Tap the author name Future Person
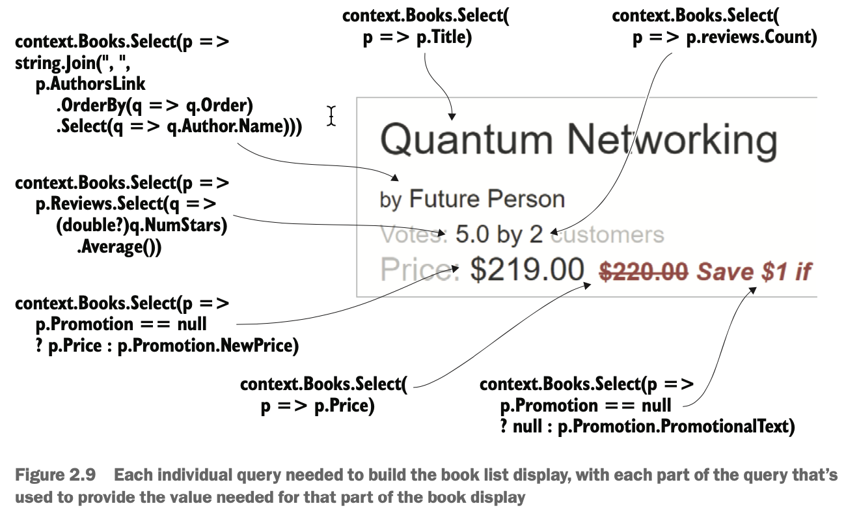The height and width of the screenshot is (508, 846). tap(487, 199)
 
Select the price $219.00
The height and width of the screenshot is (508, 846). tap(527, 269)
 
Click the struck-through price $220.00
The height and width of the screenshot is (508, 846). tap(643, 270)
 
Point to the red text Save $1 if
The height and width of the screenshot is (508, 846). tap(754, 270)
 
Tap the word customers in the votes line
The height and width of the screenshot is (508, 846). tap(607, 234)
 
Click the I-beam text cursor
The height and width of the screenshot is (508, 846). tap(331, 115)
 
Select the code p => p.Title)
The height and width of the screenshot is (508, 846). tap(416, 38)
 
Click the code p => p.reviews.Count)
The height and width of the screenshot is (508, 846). tap(724, 38)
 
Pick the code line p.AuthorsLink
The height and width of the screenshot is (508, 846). tap(90, 85)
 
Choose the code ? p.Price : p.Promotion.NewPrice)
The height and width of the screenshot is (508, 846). tap(167, 346)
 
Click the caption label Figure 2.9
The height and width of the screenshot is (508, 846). tap(55, 475)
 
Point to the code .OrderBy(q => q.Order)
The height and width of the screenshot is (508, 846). tap(154, 106)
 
